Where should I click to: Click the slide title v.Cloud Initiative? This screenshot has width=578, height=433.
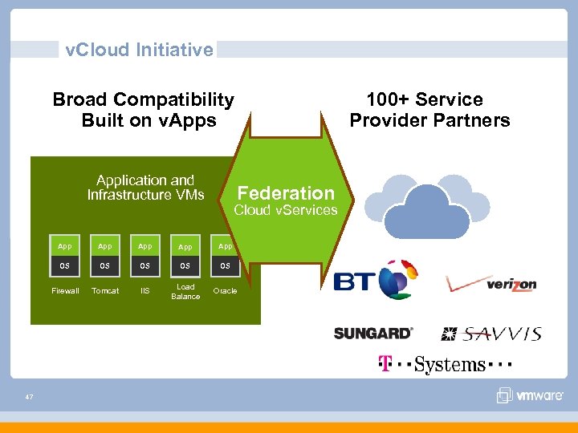[139, 50]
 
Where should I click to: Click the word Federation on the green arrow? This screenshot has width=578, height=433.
[286, 193]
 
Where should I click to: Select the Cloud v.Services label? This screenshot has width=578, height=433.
[285, 210]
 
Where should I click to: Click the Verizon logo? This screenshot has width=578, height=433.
[491, 283]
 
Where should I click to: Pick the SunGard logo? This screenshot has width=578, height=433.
[373, 333]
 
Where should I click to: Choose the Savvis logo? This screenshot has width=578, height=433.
[491, 333]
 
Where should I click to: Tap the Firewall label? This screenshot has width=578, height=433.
[65, 291]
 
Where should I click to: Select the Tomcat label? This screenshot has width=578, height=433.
[105, 291]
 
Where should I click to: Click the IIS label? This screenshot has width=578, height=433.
[145, 291]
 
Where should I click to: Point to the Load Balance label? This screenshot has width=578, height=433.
[185, 291]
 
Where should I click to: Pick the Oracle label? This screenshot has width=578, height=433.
[226, 291]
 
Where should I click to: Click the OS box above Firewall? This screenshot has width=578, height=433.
[65, 265]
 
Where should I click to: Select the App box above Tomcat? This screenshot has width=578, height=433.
[105, 246]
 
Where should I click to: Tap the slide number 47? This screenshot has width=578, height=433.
[29, 397]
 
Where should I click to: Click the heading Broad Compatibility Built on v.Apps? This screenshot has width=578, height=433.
[144, 111]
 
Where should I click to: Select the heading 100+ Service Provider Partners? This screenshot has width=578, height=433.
[429, 111]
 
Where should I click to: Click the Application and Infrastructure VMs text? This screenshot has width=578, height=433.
[145, 188]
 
